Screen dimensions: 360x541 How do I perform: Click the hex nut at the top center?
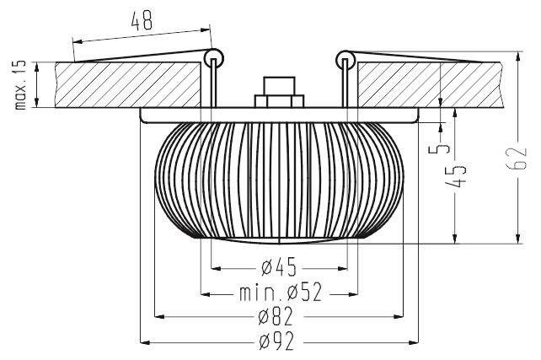pos(279,93)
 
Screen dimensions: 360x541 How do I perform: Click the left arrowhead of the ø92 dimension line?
pos(145,342)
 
